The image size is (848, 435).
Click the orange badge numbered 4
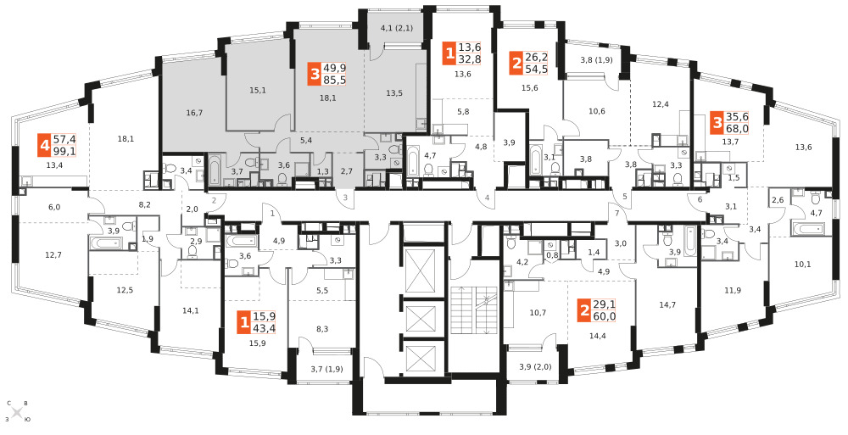click(x=44, y=146)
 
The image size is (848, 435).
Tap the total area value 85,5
click(x=334, y=80)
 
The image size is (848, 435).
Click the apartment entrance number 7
click(x=616, y=213)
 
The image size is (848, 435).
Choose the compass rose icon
click(x=17, y=412)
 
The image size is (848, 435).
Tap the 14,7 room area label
click(x=667, y=305)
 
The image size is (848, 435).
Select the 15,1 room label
click(x=258, y=90)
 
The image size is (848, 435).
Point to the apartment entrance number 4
click(x=487, y=198)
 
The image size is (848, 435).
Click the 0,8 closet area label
click(x=552, y=255)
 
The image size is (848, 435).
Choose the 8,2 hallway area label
click(x=145, y=204)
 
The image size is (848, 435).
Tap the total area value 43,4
click(x=264, y=328)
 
